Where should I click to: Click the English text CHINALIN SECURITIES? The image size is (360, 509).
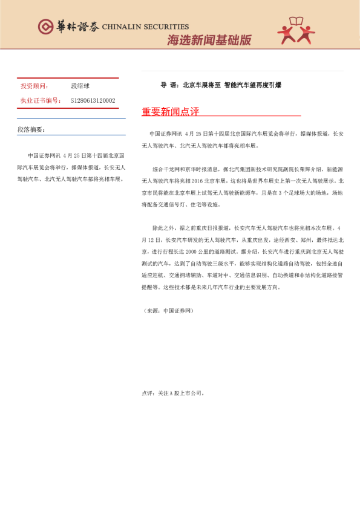[145, 27]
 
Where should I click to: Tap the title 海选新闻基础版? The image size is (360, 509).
[209, 40]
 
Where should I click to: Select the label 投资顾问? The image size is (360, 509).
[34, 86]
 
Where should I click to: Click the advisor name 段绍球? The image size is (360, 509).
[80, 86]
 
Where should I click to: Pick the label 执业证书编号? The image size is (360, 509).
[41, 100]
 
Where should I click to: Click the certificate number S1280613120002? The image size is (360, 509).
[93, 100]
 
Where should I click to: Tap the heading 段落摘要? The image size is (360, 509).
[31, 129]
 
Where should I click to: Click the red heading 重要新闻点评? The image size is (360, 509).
[170, 112]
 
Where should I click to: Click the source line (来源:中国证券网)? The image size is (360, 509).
[168, 310]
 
